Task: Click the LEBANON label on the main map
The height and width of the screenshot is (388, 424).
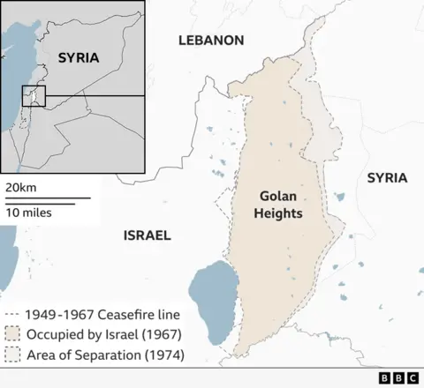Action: point(210,41)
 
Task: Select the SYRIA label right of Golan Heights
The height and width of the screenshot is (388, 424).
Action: point(387,178)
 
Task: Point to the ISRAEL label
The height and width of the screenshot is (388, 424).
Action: point(147,235)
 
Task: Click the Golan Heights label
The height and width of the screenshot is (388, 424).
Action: point(282,205)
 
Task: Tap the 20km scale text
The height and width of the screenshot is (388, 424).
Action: point(20,188)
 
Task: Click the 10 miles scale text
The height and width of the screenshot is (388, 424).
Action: point(27,213)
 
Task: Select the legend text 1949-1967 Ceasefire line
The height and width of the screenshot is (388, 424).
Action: point(103,314)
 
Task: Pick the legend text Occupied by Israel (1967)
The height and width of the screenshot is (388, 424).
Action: point(103,335)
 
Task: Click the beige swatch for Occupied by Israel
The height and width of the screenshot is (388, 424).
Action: point(12,335)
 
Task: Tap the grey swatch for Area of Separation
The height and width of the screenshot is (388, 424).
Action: point(12,356)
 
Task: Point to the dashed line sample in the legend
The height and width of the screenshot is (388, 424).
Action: point(12,314)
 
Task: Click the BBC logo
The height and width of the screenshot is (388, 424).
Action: point(398,377)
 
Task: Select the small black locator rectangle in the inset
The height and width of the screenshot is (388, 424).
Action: point(34,95)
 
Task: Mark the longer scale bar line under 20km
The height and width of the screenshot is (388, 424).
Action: point(45,198)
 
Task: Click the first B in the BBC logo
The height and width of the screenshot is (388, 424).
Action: point(385,377)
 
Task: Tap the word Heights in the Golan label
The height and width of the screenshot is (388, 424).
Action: point(282,214)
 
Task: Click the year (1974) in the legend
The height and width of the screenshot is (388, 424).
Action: point(163,356)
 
